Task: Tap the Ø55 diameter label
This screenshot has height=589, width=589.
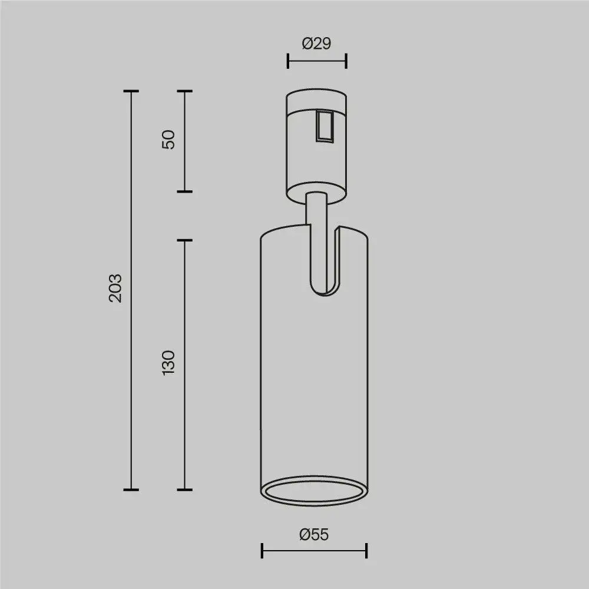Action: (313, 535)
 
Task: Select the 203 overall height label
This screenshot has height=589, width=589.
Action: (116, 288)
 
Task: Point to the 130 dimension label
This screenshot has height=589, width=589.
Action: (169, 363)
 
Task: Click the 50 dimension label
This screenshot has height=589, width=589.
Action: (169, 140)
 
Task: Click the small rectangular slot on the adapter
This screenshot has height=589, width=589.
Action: (323, 125)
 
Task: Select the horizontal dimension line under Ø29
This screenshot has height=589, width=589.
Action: (316, 61)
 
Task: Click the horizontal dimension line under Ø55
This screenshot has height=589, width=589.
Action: (314, 551)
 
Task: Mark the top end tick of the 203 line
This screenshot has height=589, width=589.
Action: (131, 91)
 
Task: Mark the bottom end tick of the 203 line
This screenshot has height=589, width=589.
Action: (131, 489)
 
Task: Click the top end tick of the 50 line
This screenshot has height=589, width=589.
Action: (185, 91)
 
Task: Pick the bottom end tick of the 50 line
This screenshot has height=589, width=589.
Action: (185, 191)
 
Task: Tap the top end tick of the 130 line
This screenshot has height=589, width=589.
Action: (185, 240)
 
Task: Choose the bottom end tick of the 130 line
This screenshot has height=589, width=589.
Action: (185, 489)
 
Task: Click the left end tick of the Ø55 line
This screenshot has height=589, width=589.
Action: (262, 551)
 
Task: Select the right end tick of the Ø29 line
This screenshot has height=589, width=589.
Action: (346, 61)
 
